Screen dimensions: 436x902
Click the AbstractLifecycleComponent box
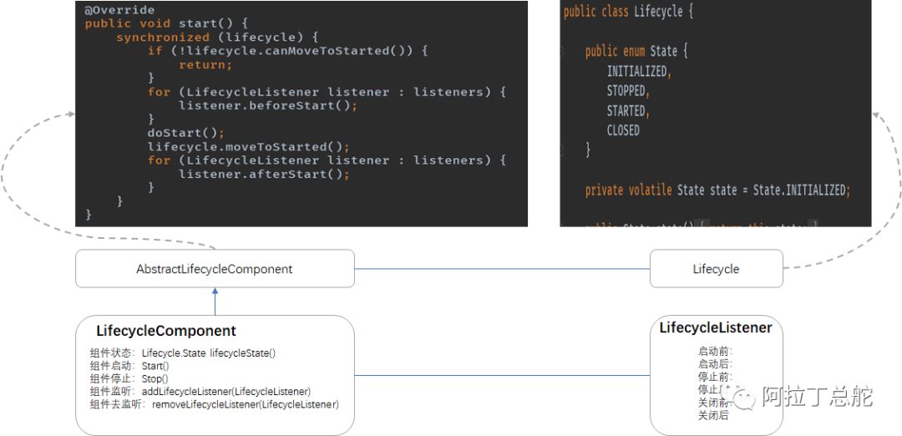pyautogui.click(x=215, y=269)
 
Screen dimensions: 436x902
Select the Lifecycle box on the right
pyautogui.click(x=716, y=269)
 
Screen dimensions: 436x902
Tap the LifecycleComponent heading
pyautogui.click(x=165, y=331)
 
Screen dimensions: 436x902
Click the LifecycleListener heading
pyautogui.click(x=715, y=327)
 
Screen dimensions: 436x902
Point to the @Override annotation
pyautogui.click(x=119, y=10)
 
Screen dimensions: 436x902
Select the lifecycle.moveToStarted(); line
pyautogui.click(x=248, y=146)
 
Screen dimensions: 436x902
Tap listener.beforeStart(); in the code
pyautogui.click(x=268, y=105)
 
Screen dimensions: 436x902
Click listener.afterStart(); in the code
pyautogui.click(x=264, y=174)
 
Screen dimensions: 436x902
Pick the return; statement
pyautogui.click(x=205, y=64)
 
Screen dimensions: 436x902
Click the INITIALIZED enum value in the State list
pyautogui.click(x=638, y=71)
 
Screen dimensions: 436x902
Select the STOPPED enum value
pyautogui.click(x=627, y=90)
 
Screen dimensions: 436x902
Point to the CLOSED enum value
pyautogui.click(x=623, y=130)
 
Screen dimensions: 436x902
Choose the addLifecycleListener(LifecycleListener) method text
pyautogui.click(x=226, y=392)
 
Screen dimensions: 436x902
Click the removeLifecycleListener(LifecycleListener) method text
pyautogui.click(x=245, y=404)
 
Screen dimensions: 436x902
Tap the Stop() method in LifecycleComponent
pyautogui.click(x=155, y=378)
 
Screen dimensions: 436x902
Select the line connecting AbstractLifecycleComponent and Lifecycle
pyautogui.click(x=502, y=269)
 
